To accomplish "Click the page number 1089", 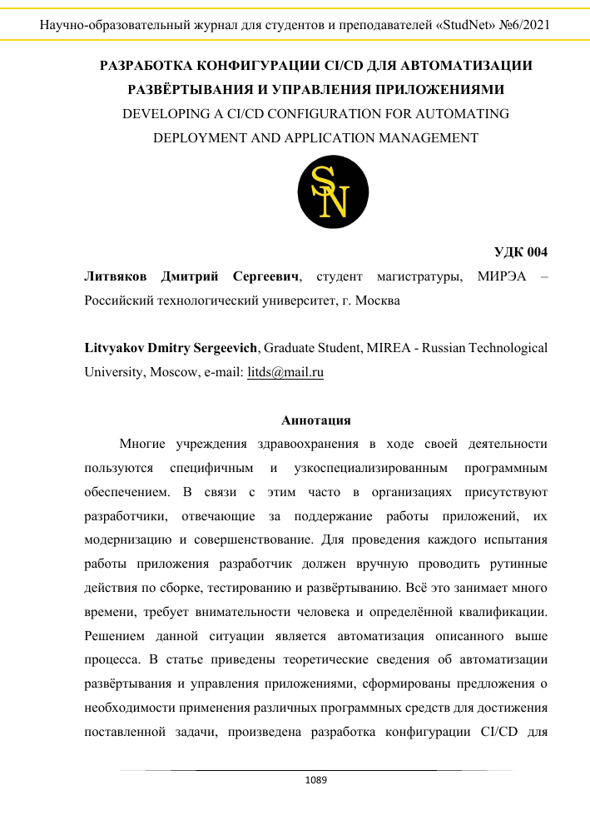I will coord(316,780).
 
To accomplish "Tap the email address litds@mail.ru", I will coord(285,373).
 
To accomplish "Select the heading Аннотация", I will coord(316,420).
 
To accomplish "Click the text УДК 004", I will coord(521,252).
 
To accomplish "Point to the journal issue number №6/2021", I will coord(519,26).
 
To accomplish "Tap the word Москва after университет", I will coord(378,300).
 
